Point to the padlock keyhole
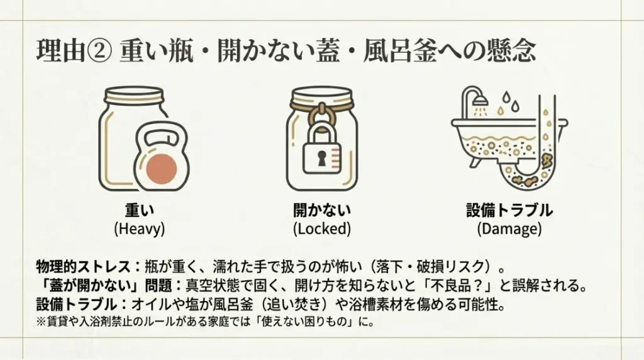[x=321, y=157]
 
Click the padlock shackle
[x=321, y=130]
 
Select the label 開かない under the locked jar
[x=321, y=210]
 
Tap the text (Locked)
[x=321, y=228]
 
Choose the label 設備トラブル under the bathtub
[x=509, y=210]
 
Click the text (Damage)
[x=509, y=228]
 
